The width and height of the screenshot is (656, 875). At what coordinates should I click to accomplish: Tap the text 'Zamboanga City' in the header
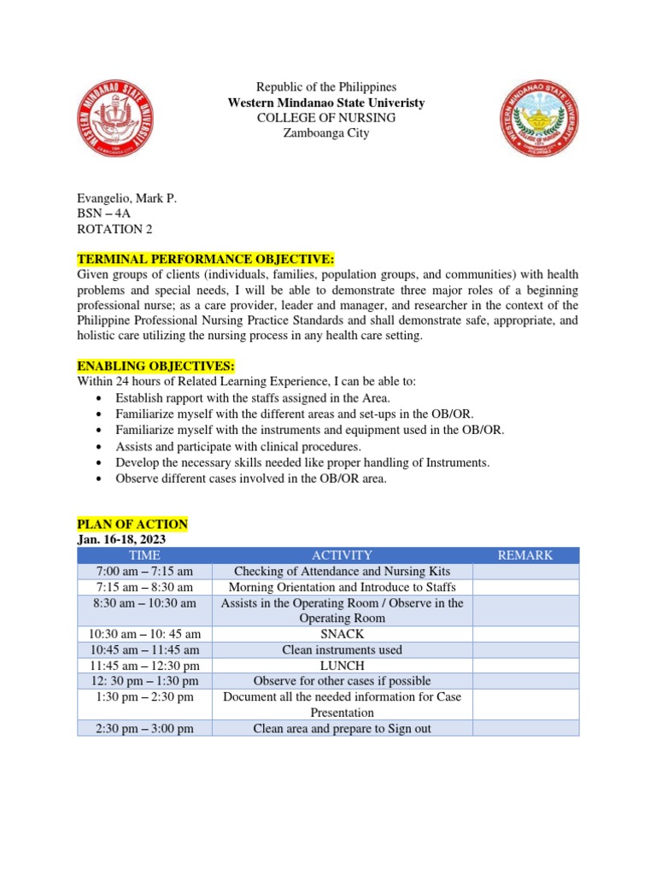coord(326,133)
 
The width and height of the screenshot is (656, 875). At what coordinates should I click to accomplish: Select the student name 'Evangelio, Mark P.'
coord(126,198)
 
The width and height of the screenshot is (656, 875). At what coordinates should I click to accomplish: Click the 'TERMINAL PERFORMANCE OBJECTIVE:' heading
coord(206,259)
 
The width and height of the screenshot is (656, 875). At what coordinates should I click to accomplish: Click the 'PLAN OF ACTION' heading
coord(132,524)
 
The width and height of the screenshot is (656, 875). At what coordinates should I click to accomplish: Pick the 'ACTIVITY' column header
coord(342,555)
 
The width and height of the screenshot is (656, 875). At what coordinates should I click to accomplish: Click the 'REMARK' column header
coord(525,555)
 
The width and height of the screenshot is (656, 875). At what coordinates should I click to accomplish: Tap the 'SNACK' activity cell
coord(342,634)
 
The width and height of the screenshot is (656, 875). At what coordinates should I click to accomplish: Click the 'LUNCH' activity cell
coord(342,666)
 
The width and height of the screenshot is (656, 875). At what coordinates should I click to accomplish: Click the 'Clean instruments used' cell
coord(342,650)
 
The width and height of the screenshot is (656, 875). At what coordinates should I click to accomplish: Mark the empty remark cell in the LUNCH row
coord(525,666)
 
